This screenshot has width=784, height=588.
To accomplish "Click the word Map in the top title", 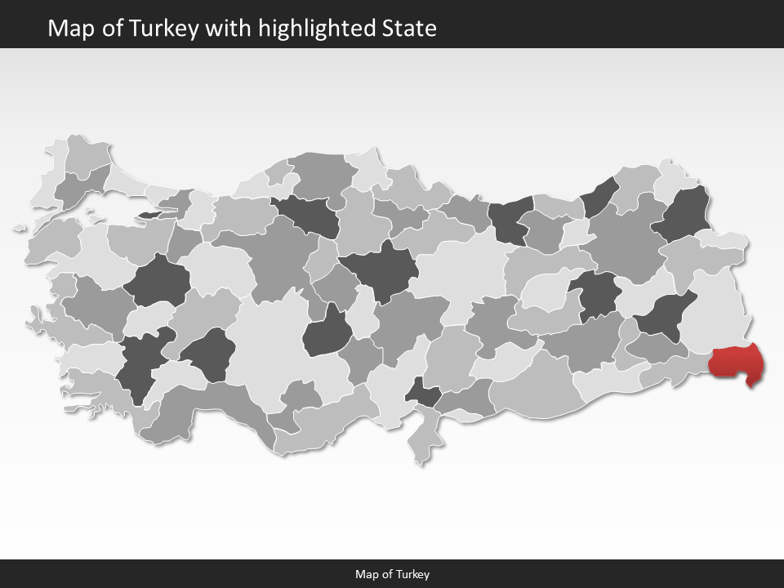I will click(69, 29).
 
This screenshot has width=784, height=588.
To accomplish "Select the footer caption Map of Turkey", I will click(392, 574).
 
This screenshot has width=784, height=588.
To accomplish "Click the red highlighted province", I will click(737, 363).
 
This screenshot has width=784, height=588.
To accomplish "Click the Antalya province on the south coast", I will click(220, 408).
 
